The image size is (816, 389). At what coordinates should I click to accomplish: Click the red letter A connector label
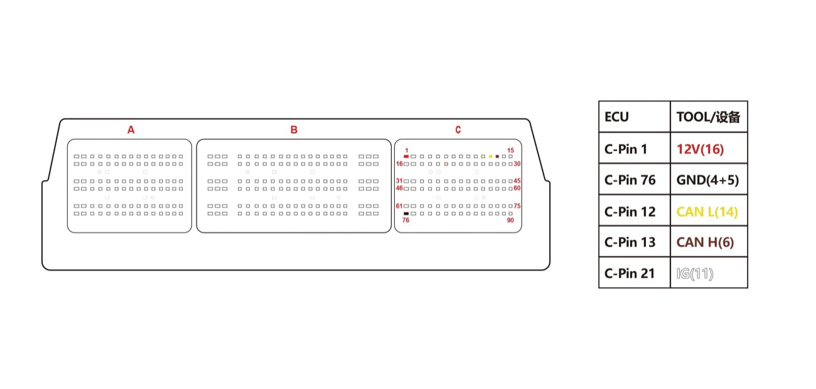pos(131,130)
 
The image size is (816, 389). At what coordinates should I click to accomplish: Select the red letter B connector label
pos(294,130)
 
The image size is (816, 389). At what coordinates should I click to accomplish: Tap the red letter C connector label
pos(458,130)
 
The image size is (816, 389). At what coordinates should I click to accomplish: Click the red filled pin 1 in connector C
pos(406,156)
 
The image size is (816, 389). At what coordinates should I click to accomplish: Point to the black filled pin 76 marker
pos(406,214)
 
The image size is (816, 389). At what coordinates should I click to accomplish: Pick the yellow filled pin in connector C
pos(491,156)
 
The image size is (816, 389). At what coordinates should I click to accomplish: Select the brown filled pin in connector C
pos(497,156)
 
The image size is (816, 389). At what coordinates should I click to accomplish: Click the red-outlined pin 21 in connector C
pos(446,164)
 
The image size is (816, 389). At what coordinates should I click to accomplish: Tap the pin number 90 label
pos(510,220)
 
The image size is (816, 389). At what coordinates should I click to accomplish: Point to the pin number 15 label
pos(510,150)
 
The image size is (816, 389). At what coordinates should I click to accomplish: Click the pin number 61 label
pos(399,206)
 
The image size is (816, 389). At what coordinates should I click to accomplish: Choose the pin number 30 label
pos(517,164)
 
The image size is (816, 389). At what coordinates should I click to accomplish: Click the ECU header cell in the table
pos(634,117)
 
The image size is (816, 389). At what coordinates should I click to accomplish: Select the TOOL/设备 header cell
pos(709,117)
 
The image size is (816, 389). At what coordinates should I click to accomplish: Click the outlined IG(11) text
pos(695,273)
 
